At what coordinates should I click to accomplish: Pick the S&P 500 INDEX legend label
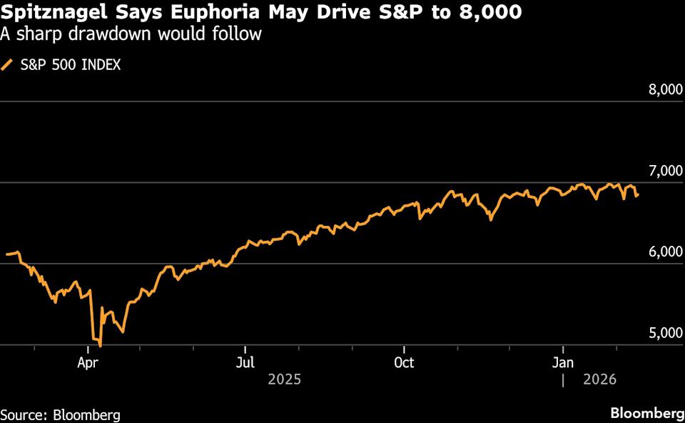tap(70, 65)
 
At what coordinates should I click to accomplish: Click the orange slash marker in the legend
tap(8, 65)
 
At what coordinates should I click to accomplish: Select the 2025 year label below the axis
tap(284, 379)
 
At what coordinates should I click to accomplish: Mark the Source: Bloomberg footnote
tap(60, 414)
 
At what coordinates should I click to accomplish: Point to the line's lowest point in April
tap(100, 346)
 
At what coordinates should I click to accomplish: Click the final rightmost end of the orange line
tap(638, 195)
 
